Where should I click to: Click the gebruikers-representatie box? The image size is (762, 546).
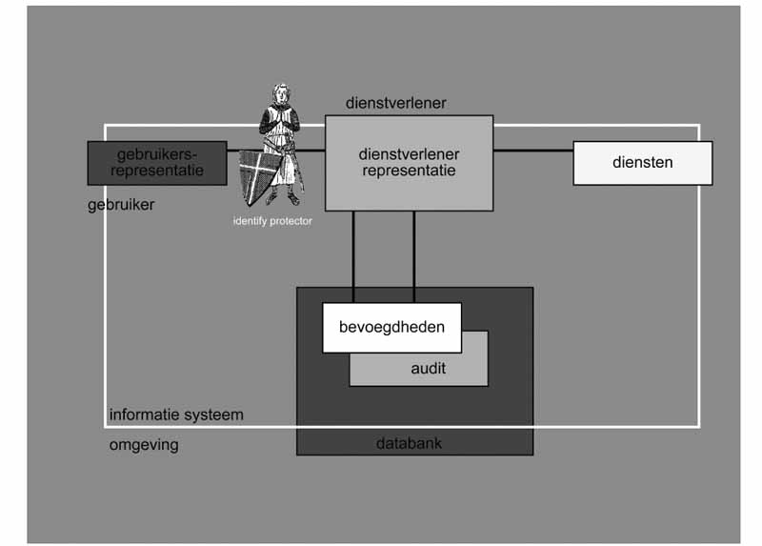coord(157,162)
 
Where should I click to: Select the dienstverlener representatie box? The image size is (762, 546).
coord(409,162)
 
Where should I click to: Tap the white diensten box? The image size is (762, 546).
coord(642,162)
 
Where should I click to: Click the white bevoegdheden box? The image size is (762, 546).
coord(391,327)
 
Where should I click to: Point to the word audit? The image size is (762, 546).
coord(429,368)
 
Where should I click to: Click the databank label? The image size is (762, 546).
coord(409,443)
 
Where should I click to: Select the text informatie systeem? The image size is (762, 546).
coord(176,415)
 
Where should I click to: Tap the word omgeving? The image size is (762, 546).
coord(144,445)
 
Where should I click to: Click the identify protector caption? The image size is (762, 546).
coord(272,221)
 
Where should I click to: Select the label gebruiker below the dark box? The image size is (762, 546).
coord(120,204)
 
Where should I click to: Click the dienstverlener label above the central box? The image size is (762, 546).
coord(396,103)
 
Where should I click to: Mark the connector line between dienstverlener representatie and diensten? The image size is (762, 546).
coord(531,151)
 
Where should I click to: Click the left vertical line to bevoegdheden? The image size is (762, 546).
coord(353,257)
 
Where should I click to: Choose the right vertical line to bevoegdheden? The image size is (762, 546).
coord(413,257)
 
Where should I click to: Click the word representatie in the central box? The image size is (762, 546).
coord(409,172)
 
